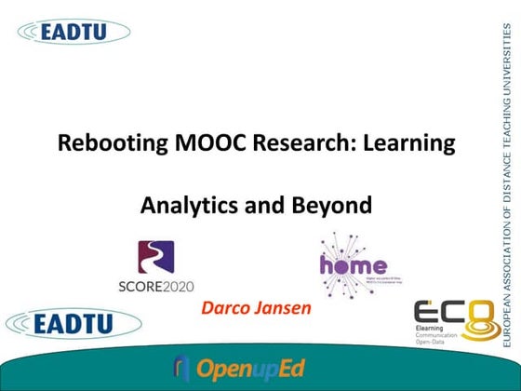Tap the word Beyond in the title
312,205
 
